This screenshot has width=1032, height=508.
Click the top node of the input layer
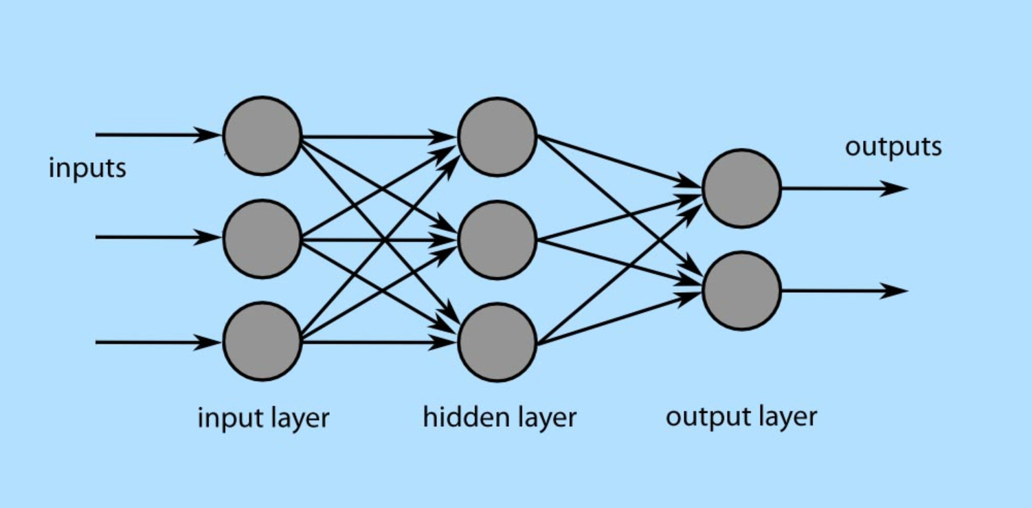(x=262, y=135)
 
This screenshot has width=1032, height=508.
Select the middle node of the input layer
(x=262, y=239)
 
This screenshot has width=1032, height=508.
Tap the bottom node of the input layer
(x=262, y=342)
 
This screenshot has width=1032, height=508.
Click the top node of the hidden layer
(x=497, y=137)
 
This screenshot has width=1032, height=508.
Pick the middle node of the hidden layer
(x=497, y=240)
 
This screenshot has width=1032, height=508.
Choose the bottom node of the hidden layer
(x=497, y=342)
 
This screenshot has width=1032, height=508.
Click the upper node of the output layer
(x=742, y=188)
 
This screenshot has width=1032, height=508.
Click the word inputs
(x=87, y=168)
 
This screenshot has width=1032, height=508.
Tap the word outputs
(x=893, y=147)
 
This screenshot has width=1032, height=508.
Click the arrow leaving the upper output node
(x=845, y=188)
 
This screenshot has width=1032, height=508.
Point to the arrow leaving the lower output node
(x=845, y=291)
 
